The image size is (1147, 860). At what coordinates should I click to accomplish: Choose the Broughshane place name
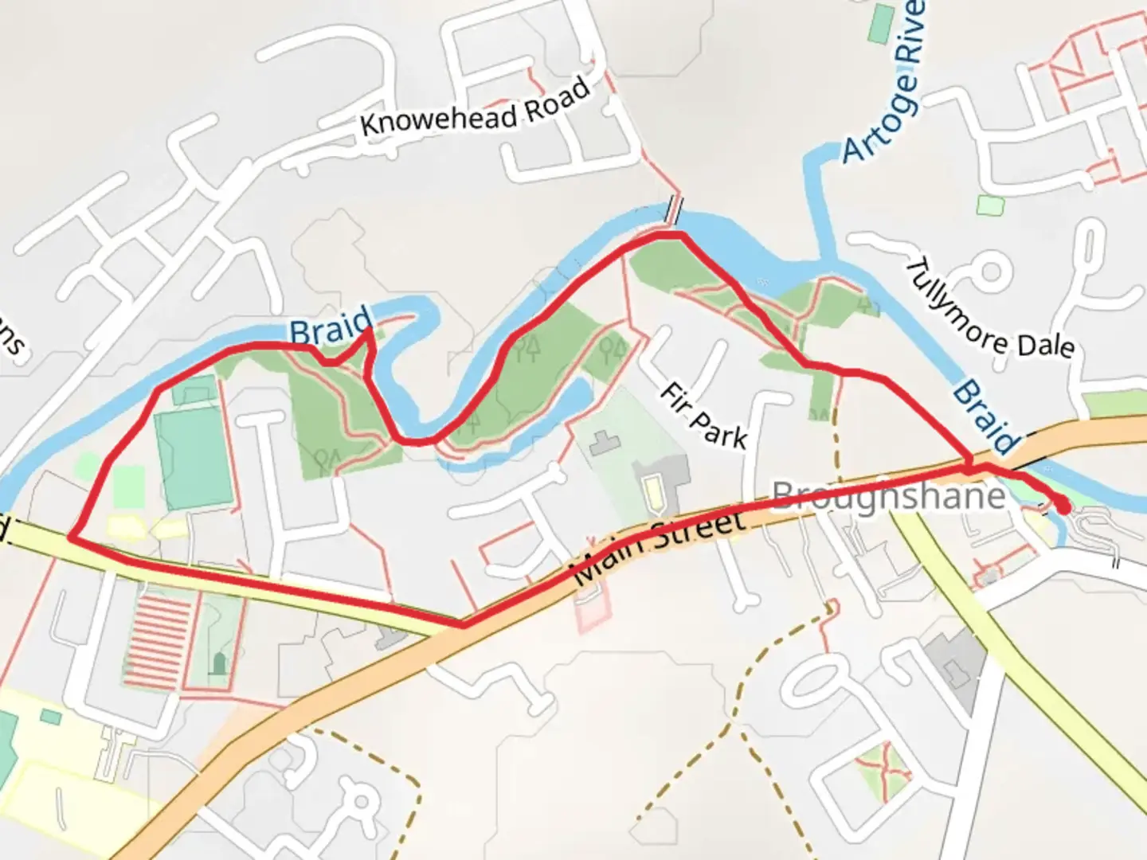tap(888, 496)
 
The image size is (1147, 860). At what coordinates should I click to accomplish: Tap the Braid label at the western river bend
tap(330, 326)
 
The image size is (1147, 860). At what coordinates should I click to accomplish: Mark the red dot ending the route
tap(1063, 505)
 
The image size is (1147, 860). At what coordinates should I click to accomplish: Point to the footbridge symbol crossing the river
tap(675, 209)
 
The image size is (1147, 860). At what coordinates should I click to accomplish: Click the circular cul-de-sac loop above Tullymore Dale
tap(990, 272)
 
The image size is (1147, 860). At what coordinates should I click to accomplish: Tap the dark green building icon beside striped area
tap(219, 663)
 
